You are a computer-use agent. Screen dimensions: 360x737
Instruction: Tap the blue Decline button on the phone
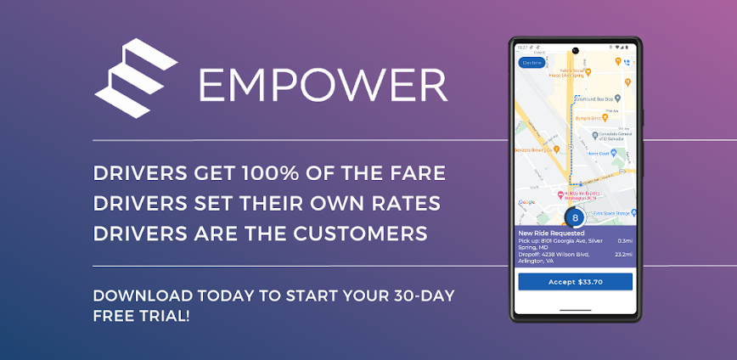click(532, 63)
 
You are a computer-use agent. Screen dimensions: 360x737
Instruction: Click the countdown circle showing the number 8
click(575, 217)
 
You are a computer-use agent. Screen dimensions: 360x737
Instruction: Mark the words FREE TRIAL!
click(141, 315)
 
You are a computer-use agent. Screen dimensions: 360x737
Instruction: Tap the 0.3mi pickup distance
click(624, 241)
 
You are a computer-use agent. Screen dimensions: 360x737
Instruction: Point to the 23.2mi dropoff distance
click(623, 254)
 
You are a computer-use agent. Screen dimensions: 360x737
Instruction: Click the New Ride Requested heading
click(551, 233)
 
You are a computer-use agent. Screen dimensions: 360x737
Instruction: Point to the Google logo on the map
click(526, 202)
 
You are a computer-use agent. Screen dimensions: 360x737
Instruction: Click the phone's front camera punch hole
click(575, 49)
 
